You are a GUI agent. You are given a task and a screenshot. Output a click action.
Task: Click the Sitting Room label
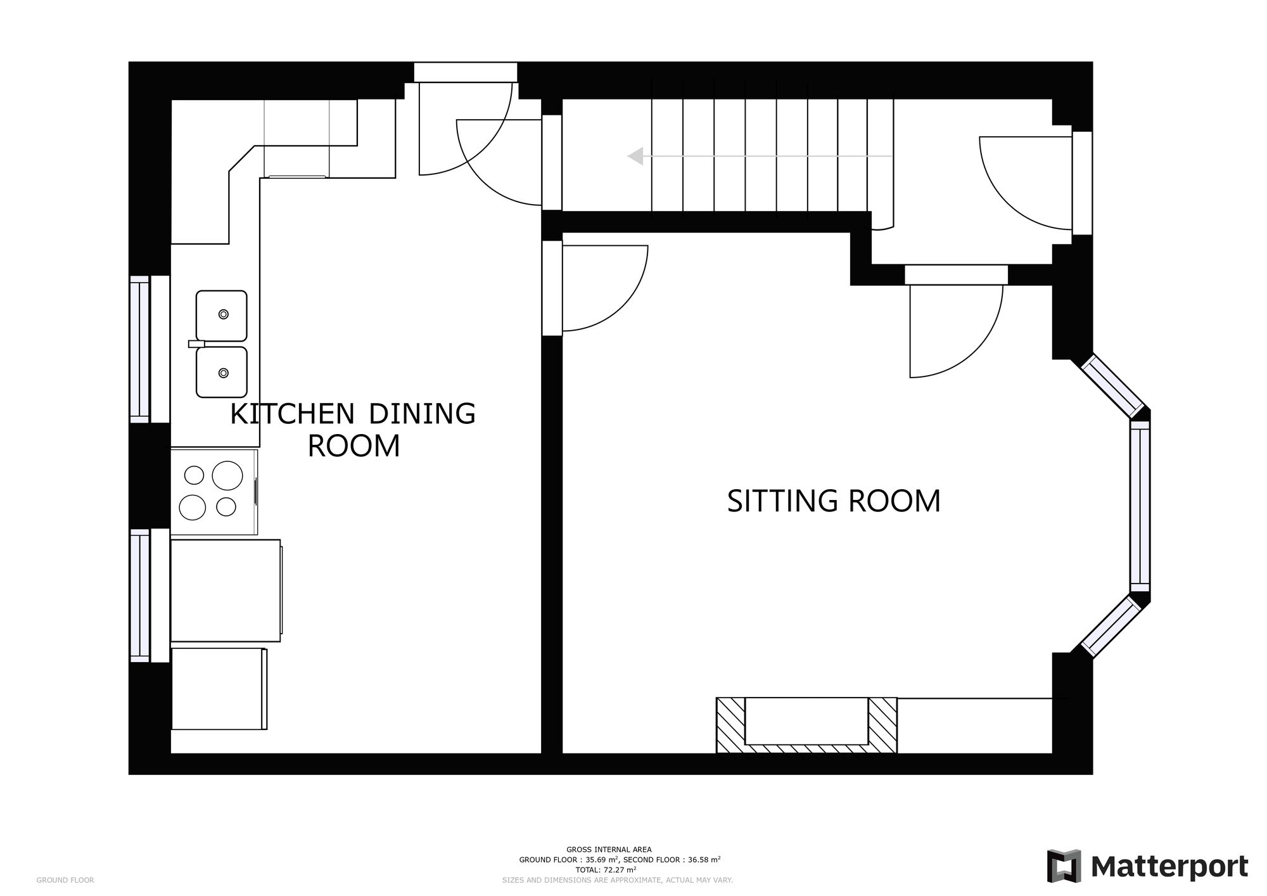834,501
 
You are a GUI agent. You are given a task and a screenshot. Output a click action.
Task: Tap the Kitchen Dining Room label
353,430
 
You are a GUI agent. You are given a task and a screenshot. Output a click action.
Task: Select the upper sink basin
222,316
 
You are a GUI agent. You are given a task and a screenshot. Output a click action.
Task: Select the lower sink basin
222,372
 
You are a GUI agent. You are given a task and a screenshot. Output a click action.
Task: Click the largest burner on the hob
227,475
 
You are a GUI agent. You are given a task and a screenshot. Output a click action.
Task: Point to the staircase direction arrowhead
635,156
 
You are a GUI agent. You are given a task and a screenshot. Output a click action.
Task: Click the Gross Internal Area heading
609,850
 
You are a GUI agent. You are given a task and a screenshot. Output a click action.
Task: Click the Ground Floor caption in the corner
65,880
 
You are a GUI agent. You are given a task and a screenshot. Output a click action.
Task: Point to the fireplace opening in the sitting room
806,721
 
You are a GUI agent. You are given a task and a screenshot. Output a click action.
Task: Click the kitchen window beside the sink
140,349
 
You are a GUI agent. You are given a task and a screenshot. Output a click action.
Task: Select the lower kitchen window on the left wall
140,596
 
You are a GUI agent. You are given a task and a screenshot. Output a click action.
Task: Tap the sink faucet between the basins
197,344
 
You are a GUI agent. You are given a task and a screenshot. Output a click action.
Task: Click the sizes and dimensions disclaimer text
618,880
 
